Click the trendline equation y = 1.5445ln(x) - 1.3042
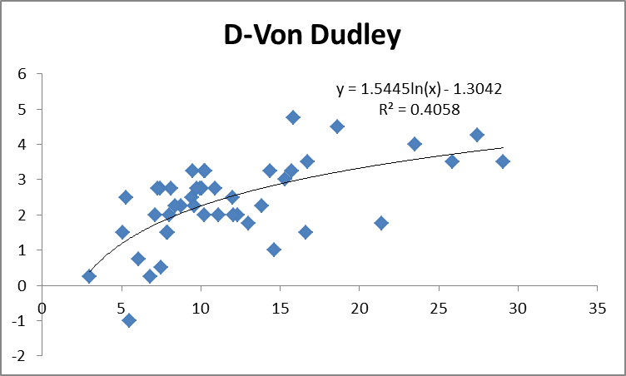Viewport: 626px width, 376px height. [x=418, y=89]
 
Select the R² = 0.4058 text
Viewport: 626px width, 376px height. [x=419, y=108]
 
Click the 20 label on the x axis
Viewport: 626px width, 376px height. [x=359, y=307]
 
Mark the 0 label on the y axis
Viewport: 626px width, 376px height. [x=24, y=285]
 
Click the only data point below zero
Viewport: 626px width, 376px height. [x=129, y=320]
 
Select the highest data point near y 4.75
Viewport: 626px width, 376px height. [x=293, y=117]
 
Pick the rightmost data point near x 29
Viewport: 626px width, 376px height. [x=503, y=161]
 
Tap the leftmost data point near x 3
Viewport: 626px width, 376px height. [x=89, y=276]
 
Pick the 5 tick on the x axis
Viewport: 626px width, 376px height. [x=122, y=307]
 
